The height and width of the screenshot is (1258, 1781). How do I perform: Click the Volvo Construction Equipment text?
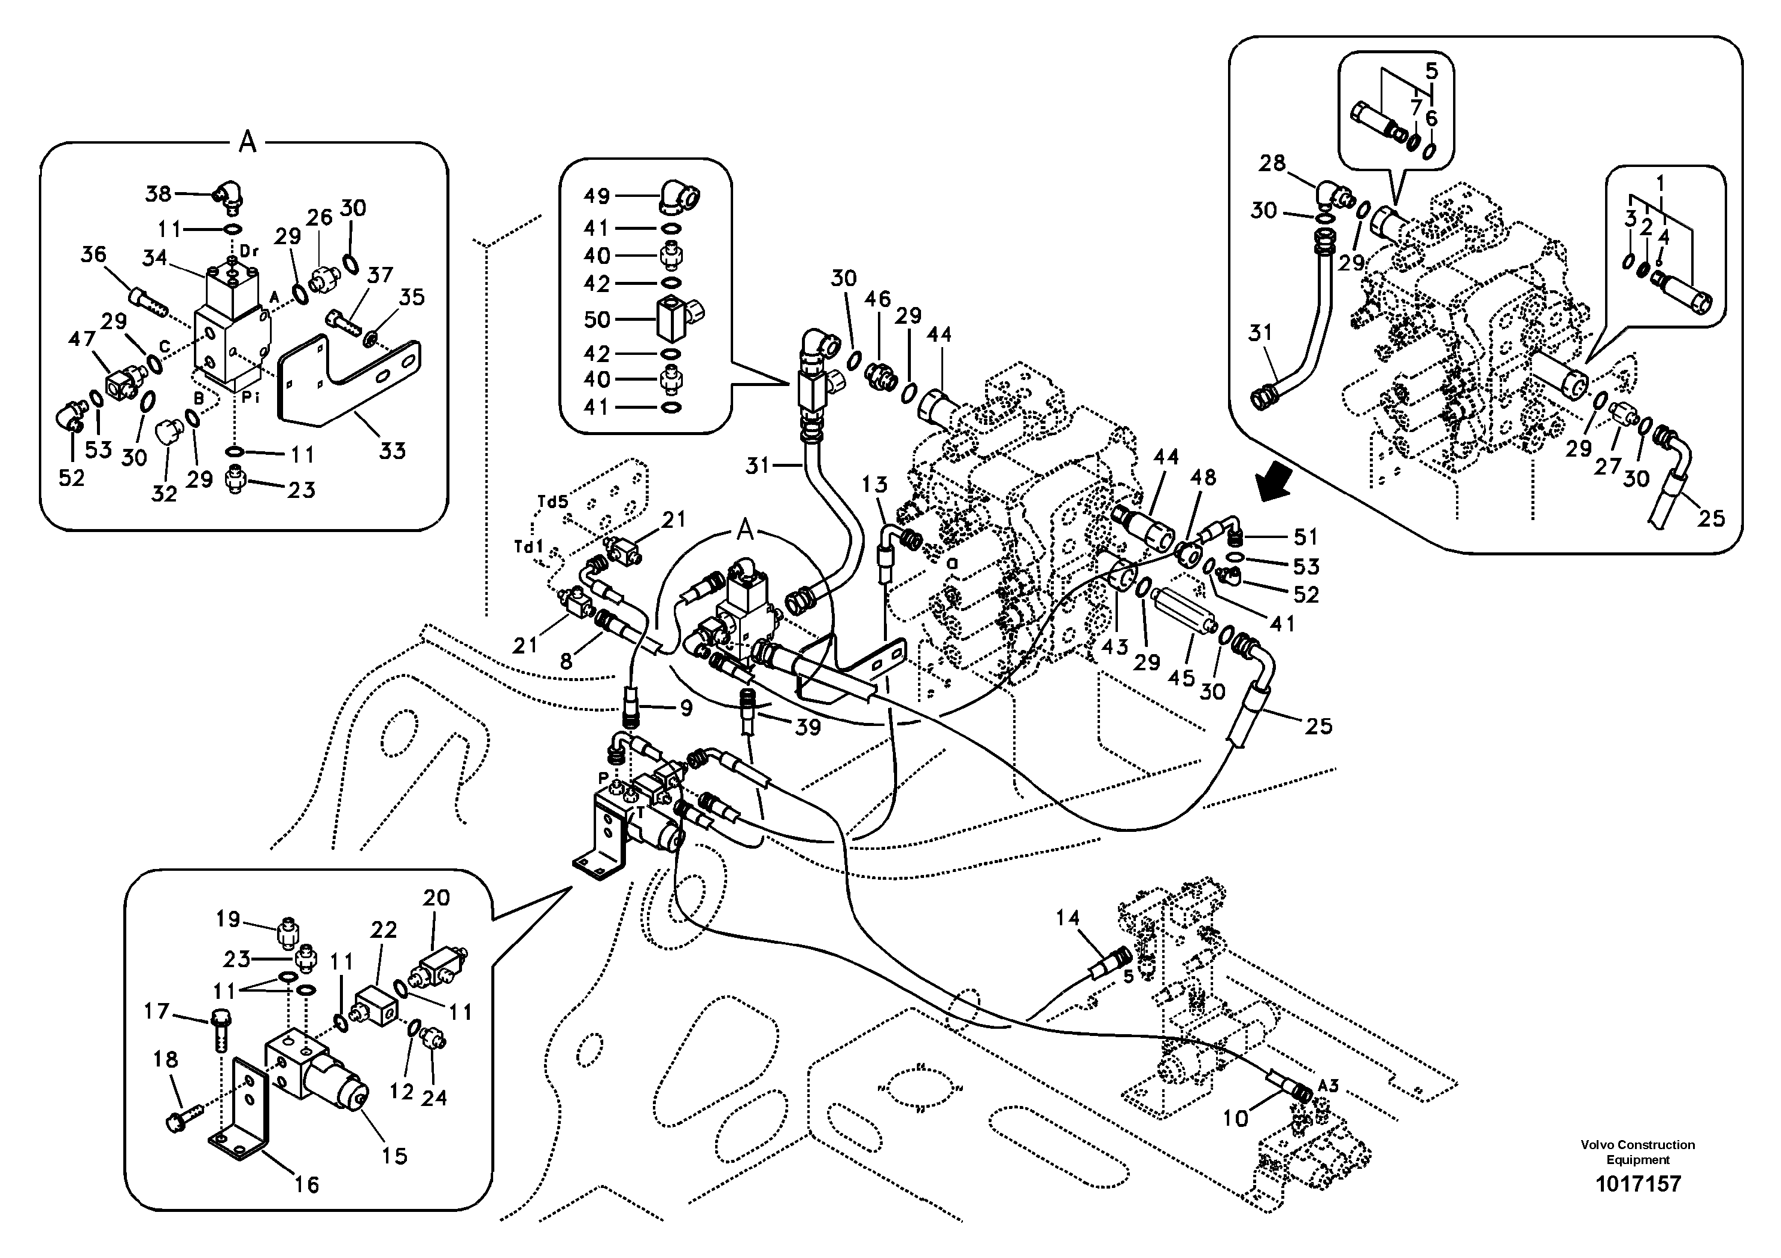point(1637,1151)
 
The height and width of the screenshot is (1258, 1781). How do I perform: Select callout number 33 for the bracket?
point(392,451)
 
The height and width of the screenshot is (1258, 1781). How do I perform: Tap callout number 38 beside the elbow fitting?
point(158,194)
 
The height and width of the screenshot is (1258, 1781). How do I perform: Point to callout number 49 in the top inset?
point(597,196)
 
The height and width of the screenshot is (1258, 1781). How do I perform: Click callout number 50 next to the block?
point(597,320)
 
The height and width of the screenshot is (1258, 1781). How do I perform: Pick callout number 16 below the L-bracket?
point(306,1184)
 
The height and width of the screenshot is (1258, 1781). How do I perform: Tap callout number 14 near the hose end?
point(1068,917)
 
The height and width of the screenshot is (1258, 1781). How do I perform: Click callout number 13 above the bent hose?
point(874,485)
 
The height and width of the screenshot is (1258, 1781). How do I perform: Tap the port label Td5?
point(552,502)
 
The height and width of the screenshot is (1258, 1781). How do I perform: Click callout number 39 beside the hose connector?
point(807,728)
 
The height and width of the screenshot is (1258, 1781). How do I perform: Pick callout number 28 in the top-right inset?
point(1272,163)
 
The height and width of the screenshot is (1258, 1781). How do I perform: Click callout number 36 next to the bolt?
point(93,254)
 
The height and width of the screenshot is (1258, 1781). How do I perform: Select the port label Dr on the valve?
point(248,251)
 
